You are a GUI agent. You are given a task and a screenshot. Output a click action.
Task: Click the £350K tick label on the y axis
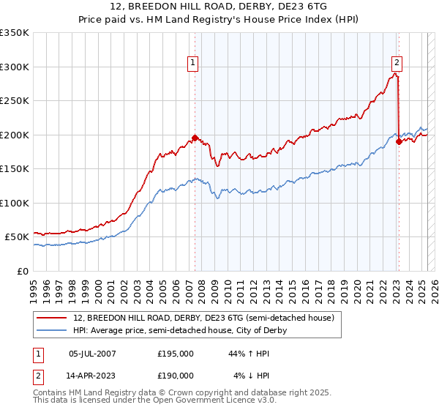pos(15,33)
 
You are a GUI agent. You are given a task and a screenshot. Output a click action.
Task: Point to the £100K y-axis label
pos(15,203)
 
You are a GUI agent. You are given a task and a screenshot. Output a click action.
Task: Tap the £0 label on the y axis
pos(23,271)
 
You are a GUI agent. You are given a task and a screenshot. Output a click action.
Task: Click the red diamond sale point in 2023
pos(399,141)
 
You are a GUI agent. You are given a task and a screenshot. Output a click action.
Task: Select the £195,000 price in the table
pos(176,354)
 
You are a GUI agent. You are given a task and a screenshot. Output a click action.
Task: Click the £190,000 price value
pos(176,375)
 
